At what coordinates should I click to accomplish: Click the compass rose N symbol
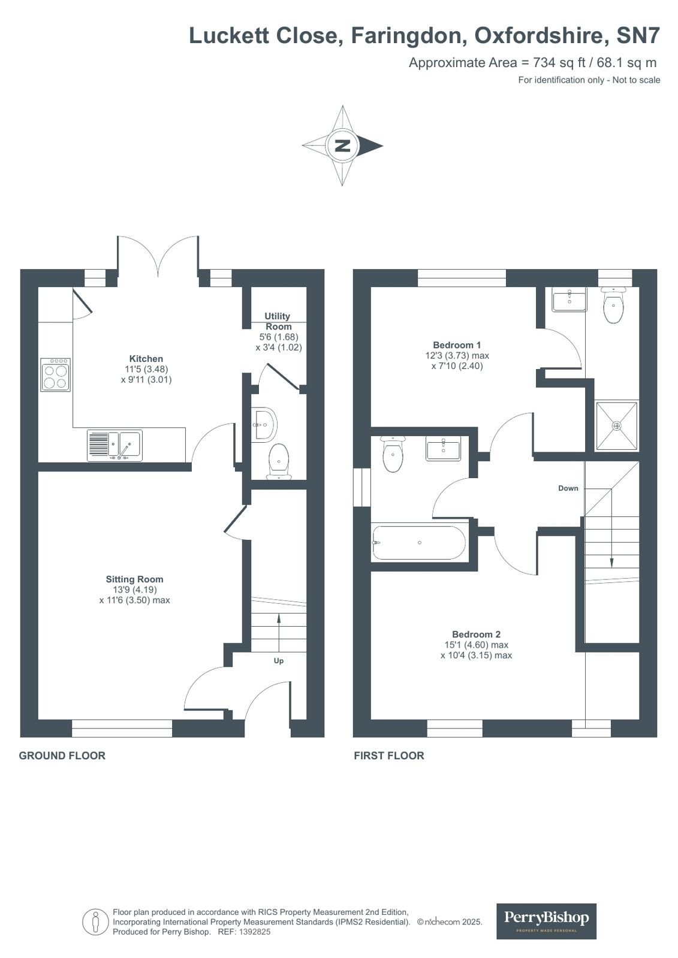[342, 146]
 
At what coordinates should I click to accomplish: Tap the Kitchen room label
[146, 359]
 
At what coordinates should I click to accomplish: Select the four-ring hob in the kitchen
[56, 375]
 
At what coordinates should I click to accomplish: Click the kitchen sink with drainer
[114, 445]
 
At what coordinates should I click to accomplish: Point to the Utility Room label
[278, 321]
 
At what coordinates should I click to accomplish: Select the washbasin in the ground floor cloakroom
[264, 424]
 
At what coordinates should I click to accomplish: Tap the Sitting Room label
[134, 579]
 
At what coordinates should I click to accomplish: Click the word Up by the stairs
[279, 661]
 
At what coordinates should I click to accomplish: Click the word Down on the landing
[568, 488]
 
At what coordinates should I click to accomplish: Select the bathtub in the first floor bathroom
[419, 543]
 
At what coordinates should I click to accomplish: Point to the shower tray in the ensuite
[616, 426]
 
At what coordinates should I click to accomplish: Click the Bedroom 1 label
[457, 345]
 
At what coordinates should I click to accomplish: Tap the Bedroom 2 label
[476, 634]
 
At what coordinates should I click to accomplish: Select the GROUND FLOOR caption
[62, 755]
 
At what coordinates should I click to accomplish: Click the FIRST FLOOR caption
[389, 755]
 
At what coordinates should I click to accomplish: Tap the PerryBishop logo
[546, 920]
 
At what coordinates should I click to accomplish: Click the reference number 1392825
[255, 932]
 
